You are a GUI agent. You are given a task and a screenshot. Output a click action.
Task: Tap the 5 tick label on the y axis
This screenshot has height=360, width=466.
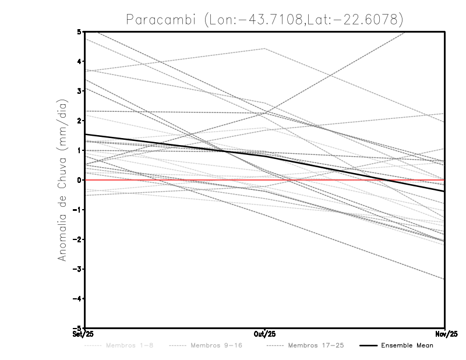point(80,31)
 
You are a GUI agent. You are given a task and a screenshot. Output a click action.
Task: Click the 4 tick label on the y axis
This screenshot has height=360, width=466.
point(80,61)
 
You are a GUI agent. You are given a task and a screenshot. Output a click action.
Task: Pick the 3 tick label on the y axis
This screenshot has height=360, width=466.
point(80,91)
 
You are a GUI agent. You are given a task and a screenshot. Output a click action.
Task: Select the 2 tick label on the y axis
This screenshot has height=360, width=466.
point(80,121)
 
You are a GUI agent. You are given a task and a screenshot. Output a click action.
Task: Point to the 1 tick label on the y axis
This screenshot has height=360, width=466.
point(80,150)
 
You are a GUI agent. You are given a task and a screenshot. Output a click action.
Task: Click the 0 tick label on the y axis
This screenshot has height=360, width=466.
point(80,180)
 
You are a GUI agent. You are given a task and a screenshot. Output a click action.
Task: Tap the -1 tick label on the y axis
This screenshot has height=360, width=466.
point(78,210)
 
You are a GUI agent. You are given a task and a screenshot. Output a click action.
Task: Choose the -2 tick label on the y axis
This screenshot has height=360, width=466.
point(78,239)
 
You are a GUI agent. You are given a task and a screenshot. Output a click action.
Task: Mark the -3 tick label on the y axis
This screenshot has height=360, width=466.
point(78,269)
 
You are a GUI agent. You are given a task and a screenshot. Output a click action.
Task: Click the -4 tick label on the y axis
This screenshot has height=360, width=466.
point(78,299)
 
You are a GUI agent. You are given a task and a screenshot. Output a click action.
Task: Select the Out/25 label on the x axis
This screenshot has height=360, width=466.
point(265,334)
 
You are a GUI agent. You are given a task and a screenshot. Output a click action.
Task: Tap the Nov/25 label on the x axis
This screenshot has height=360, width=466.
point(444,334)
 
